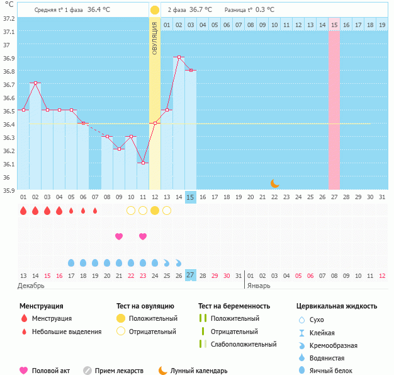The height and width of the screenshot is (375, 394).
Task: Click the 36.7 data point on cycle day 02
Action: click(35, 83)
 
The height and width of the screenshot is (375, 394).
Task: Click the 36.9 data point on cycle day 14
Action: click(179, 57)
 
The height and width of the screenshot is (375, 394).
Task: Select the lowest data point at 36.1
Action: click(143, 163)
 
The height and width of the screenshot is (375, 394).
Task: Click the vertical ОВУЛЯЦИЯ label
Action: click(155, 38)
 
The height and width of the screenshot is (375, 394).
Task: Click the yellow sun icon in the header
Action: click(155, 10)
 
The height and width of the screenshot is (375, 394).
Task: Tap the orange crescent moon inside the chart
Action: click(274, 183)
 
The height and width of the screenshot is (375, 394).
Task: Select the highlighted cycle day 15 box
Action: click(191, 197)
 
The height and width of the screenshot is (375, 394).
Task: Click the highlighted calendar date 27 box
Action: click(191, 275)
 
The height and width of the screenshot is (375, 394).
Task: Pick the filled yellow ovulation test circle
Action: click(155, 211)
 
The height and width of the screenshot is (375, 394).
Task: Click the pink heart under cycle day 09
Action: click(119, 236)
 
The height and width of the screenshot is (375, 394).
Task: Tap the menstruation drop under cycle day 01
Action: click(23, 211)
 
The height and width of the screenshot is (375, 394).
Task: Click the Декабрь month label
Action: click(31, 286)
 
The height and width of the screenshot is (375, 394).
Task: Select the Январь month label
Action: click(259, 286)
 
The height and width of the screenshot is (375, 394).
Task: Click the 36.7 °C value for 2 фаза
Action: click(201, 10)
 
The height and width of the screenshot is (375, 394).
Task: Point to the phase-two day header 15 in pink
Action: click(334, 25)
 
